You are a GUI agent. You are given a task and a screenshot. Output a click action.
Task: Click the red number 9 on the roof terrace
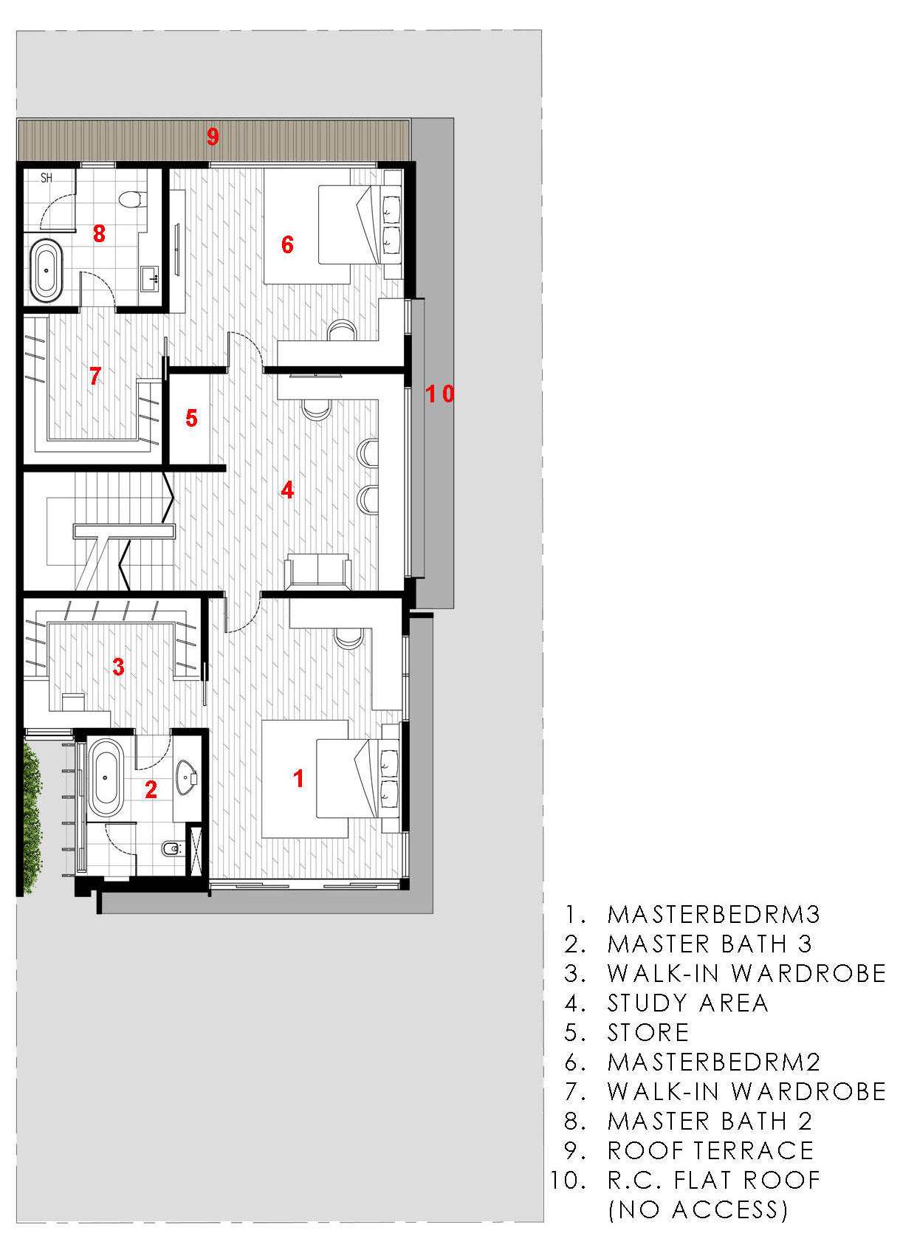click(213, 137)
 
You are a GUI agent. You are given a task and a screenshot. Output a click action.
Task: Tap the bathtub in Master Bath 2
click(47, 270)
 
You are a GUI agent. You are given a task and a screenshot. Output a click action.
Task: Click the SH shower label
click(47, 178)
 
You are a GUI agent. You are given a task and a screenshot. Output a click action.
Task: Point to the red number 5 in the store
click(191, 419)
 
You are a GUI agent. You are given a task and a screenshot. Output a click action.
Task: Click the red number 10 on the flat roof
click(440, 394)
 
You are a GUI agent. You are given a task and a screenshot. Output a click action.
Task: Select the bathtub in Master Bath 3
click(105, 777)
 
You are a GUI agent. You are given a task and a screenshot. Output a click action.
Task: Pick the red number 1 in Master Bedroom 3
click(298, 778)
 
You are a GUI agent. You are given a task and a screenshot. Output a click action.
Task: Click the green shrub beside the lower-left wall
click(31, 820)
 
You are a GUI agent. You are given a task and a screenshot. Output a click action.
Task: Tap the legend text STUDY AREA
click(687, 1003)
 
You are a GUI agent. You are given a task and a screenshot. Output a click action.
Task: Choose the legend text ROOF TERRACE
click(710, 1151)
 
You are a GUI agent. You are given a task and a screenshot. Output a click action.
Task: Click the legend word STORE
click(648, 1033)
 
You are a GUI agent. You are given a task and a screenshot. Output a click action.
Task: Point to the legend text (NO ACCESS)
click(698, 1210)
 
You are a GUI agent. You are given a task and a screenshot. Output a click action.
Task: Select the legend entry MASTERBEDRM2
click(713, 1062)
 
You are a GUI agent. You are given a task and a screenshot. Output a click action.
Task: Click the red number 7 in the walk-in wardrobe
click(95, 377)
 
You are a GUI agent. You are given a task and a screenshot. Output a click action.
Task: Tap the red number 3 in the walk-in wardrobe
click(118, 667)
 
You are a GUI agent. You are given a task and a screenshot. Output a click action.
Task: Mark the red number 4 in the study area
click(287, 490)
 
